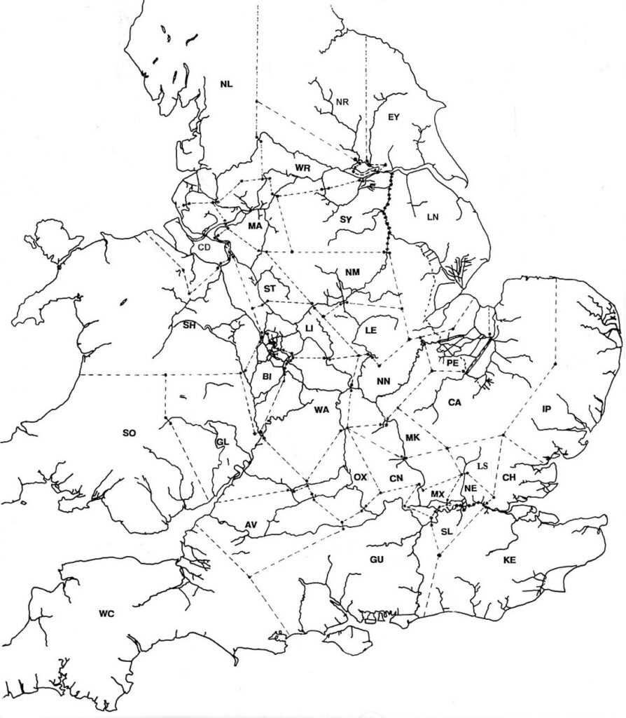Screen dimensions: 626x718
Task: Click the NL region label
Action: click(226, 85)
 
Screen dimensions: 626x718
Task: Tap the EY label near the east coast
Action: click(393, 118)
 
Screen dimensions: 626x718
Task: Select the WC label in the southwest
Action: click(106, 614)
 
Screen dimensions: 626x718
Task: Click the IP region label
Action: click(548, 408)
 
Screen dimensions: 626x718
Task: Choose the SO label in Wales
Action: click(129, 433)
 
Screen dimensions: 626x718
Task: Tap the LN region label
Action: click(432, 217)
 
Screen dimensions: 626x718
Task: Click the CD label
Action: click(204, 248)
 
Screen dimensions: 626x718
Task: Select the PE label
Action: click(452, 363)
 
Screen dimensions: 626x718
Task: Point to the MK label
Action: click(412, 438)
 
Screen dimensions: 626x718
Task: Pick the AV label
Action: click(251, 525)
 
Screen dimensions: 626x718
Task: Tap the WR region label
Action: click(302, 168)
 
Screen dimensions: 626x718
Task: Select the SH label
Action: click(189, 325)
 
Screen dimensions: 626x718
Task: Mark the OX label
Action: click(360, 477)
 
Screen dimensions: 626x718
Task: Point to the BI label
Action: click(267, 377)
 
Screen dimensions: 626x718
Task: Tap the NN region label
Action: click(383, 382)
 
